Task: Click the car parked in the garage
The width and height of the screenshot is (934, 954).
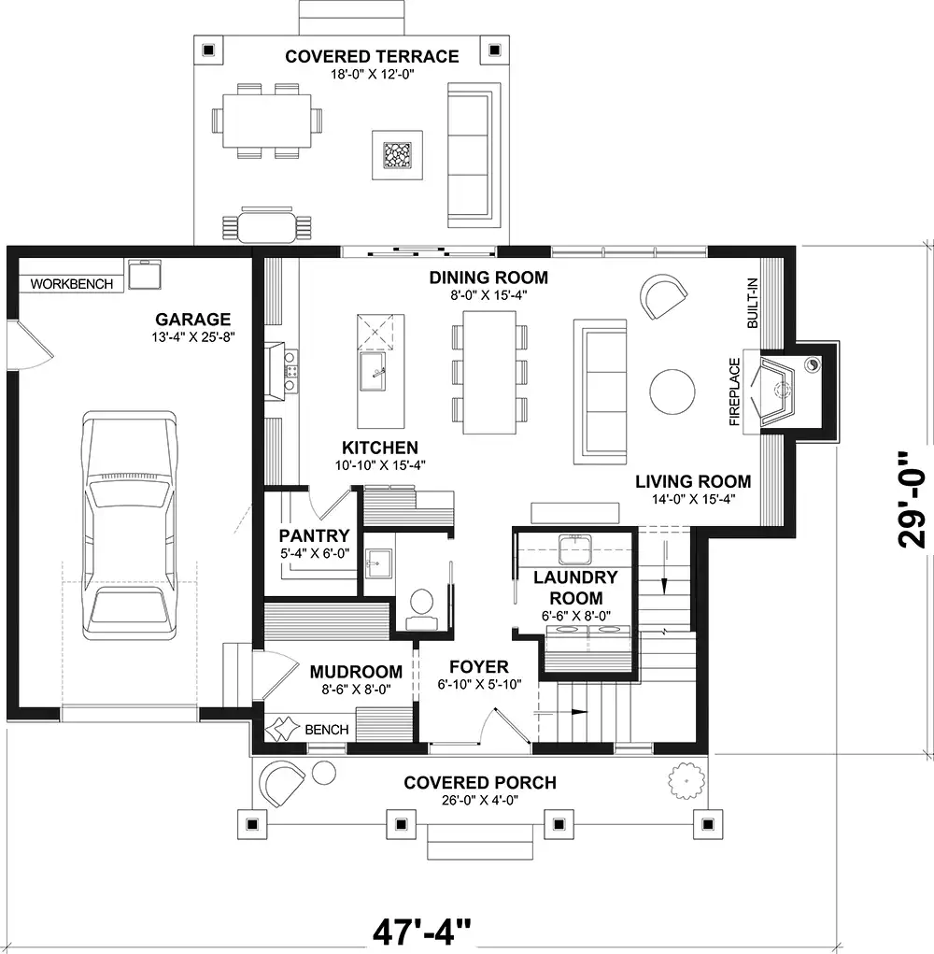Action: click(130, 526)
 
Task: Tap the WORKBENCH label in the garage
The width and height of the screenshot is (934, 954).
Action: click(72, 284)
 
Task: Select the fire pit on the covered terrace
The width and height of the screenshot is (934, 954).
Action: click(398, 155)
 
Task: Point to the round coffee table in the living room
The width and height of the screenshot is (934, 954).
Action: click(672, 392)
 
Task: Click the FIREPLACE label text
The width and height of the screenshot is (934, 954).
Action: click(734, 392)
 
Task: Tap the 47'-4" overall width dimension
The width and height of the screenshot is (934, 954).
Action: click(421, 932)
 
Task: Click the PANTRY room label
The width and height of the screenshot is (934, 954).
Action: click(315, 535)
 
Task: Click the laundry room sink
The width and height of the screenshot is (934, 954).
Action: click(575, 550)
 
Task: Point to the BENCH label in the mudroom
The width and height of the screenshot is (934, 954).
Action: click(327, 730)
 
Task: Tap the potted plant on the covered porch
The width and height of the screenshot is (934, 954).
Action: click(686, 780)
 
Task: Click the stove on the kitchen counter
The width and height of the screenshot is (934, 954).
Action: click(290, 371)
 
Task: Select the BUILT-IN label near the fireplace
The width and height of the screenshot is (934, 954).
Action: click(753, 303)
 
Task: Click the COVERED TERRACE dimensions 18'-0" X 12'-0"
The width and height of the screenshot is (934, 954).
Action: click(372, 74)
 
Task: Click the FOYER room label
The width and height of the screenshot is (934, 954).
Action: click(479, 667)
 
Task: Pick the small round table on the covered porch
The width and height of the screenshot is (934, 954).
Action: click(324, 772)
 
